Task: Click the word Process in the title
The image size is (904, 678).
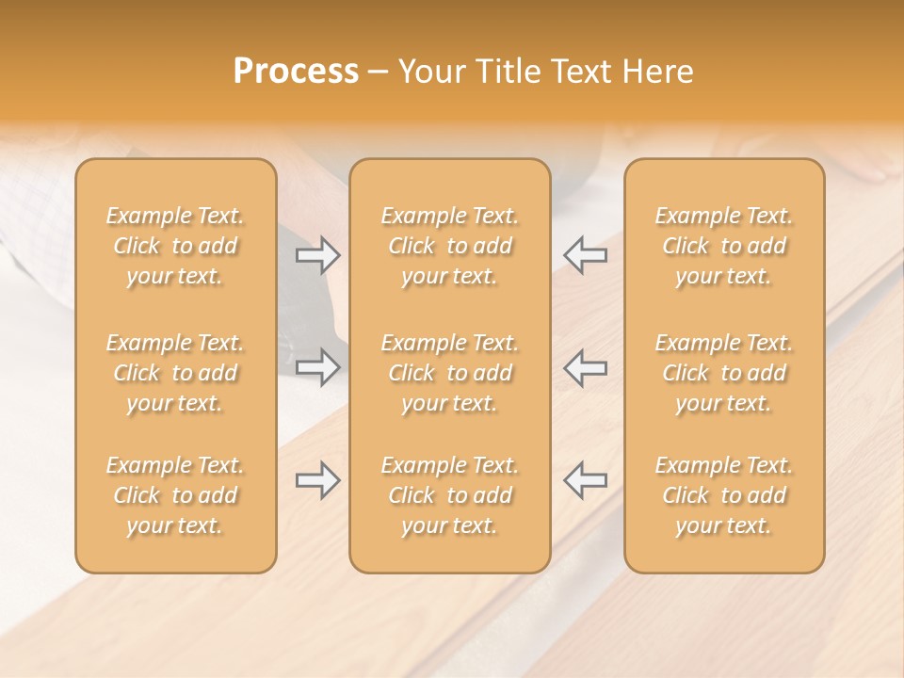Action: pyautogui.click(x=296, y=72)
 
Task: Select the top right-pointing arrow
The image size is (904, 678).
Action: pyautogui.click(x=318, y=255)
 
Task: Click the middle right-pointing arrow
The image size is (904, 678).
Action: pyautogui.click(x=318, y=367)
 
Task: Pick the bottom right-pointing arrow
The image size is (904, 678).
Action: pyautogui.click(x=318, y=480)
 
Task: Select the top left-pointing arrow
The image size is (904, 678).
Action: pyautogui.click(x=585, y=255)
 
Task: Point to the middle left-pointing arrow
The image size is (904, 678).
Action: pyautogui.click(x=585, y=367)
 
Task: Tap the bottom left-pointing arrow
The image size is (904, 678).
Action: pyautogui.click(x=585, y=480)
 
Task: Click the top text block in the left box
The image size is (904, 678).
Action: pyautogui.click(x=175, y=246)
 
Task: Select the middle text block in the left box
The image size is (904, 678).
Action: pyautogui.click(x=175, y=373)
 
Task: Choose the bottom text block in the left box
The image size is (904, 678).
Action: pyautogui.click(x=175, y=495)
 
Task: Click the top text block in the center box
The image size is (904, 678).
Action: pyautogui.click(x=450, y=246)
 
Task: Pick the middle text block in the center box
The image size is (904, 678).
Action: pyautogui.click(x=450, y=373)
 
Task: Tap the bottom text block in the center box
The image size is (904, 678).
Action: pyautogui.click(x=450, y=495)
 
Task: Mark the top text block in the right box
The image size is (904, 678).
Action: pyautogui.click(x=724, y=246)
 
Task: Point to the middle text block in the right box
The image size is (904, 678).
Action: pyautogui.click(x=724, y=373)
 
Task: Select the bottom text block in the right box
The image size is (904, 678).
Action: pyautogui.click(x=724, y=495)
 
